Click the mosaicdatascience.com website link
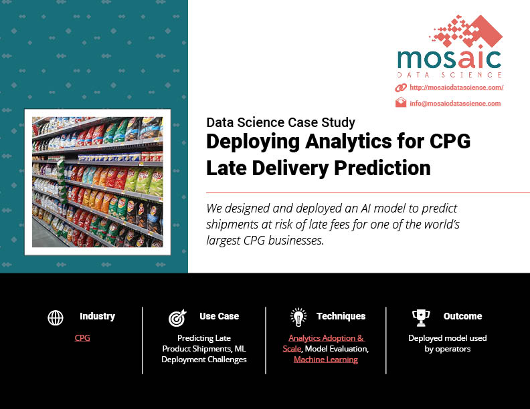[456, 88]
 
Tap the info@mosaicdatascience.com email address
[455, 104]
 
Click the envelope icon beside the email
[401, 102]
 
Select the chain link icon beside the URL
[401, 88]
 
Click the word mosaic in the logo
[449, 59]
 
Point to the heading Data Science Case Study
[280, 122]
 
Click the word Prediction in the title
[382, 168]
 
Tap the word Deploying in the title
[253, 142]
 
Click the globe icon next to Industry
[56, 317]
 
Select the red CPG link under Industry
[82, 337]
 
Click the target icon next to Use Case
[177, 317]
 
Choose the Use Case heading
[219, 316]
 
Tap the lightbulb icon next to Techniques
[298, 317]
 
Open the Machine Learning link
[326, 360]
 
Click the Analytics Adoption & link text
[326, 337]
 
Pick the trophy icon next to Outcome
[421, 318]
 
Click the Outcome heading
[462, 316]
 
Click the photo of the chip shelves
[97, 182]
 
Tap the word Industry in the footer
[97, 316]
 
